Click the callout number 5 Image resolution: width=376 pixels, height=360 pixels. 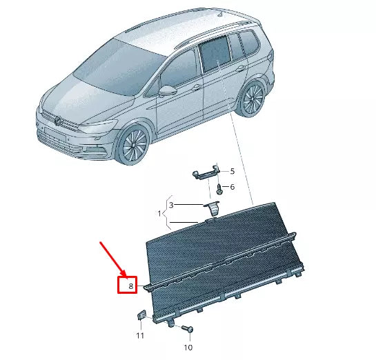coord(232,171)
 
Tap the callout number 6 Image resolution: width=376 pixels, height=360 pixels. coord(232,187)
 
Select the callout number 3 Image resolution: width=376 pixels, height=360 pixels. coord(172,205)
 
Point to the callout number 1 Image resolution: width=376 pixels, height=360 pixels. coord(159,214)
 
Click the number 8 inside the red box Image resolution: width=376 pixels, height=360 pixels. coord(126,283)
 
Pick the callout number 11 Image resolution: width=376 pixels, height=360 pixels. coord(139,335)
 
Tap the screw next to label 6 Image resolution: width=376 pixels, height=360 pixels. coord(219,187)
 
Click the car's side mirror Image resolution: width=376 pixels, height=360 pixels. coord(168,90)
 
